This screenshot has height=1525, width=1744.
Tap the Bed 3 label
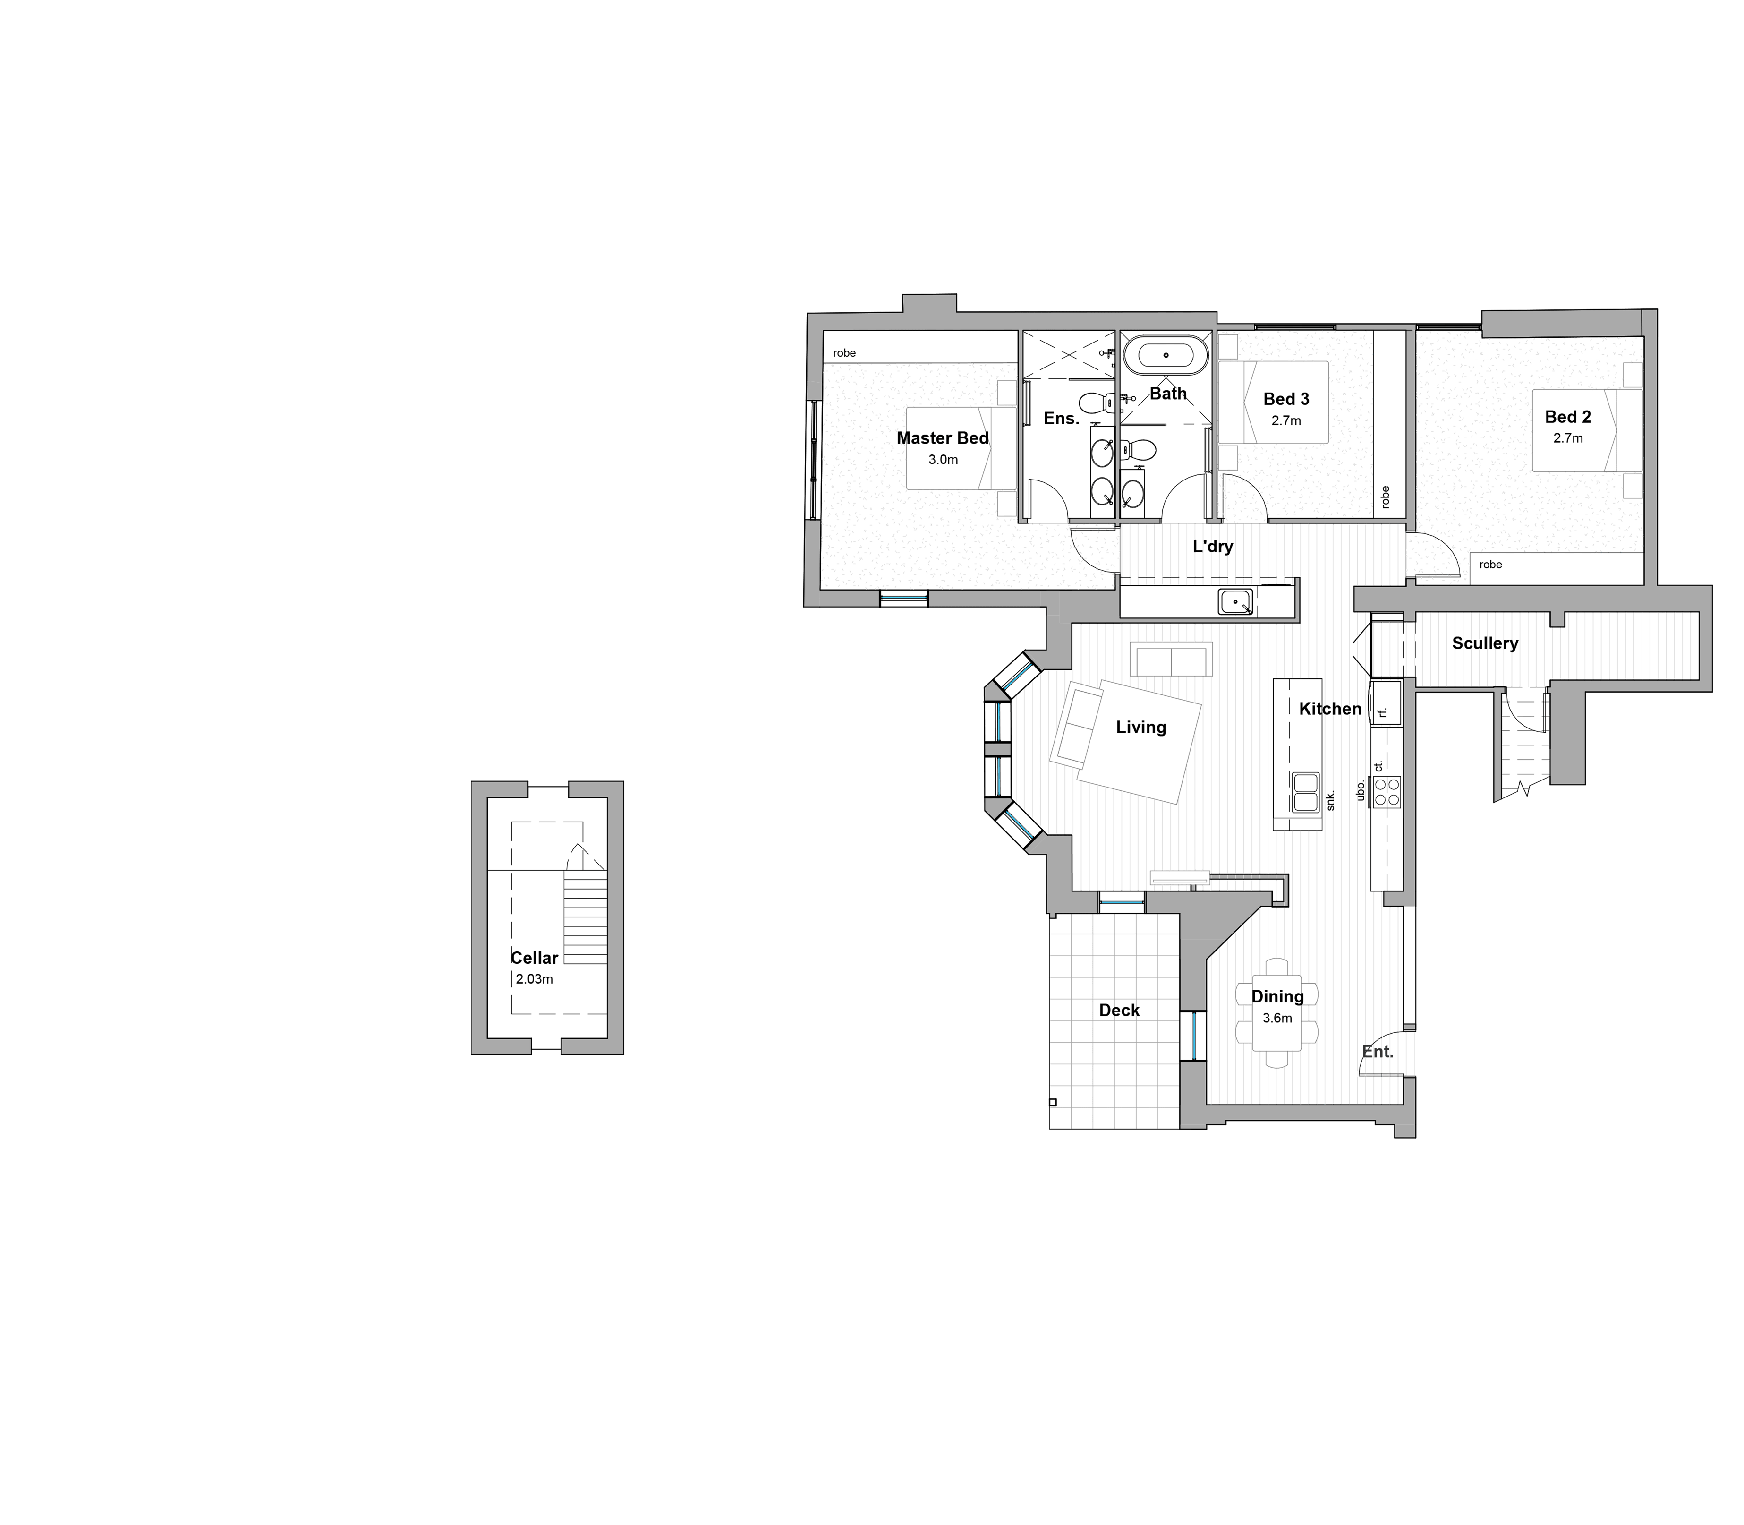(x=1285, y=399)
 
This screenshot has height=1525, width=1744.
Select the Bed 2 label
(x=1567, y=417)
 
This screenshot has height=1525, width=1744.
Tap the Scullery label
(x=1485, y=643)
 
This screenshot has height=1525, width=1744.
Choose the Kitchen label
(x=1330, y=709)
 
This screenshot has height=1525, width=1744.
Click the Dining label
(x=1277, y=996)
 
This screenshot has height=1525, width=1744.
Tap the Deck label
(x=1119, y=1010)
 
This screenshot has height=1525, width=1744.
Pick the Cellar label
(x=534, y=958)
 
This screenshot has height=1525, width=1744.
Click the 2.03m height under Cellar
(x=534, y=979)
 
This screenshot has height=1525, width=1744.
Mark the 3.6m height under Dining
(x=1277, y=1018)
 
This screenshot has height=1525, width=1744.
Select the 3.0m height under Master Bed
(x=943, y=460)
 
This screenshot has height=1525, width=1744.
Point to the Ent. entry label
(x=1378, y=1052)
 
